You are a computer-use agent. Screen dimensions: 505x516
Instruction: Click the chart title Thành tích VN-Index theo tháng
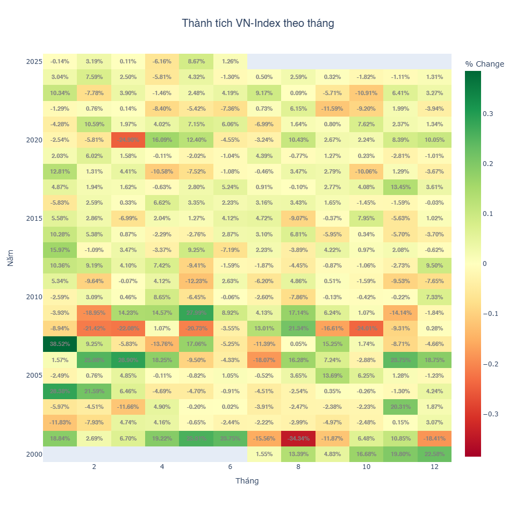pos(258,23)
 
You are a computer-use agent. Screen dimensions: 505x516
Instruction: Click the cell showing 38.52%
pos(60,344)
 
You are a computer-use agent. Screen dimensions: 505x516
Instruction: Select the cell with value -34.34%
pos(298,438)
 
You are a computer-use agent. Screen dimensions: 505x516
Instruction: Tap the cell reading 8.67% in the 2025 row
pos(196,61)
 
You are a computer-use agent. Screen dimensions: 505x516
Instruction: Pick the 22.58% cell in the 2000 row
pos(434,454)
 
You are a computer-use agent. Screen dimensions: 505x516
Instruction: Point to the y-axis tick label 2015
pos(34,219)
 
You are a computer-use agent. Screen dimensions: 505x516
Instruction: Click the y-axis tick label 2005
pos(34,376)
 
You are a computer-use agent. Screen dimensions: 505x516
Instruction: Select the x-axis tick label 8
pos(298,467)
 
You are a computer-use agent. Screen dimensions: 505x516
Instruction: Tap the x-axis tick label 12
pos(434,467)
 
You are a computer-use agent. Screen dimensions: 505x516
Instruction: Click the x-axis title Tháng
pos(247,481)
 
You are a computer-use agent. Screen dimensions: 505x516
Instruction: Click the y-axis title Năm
pos(10,258)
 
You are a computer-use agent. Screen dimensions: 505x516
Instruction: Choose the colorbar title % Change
pos(484,64)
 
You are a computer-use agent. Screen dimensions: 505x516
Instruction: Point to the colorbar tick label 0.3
pos(488,114)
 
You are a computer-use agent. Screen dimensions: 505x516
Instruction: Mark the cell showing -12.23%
pos(196,281)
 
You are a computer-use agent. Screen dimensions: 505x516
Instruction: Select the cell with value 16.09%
pos(162,140)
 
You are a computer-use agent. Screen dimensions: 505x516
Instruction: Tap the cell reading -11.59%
pos(332,109)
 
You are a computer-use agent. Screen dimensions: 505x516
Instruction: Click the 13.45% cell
pos(400,187)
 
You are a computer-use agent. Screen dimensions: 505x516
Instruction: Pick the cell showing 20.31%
pos(400,407)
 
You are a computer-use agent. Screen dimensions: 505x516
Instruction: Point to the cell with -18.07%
pos(264,359)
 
